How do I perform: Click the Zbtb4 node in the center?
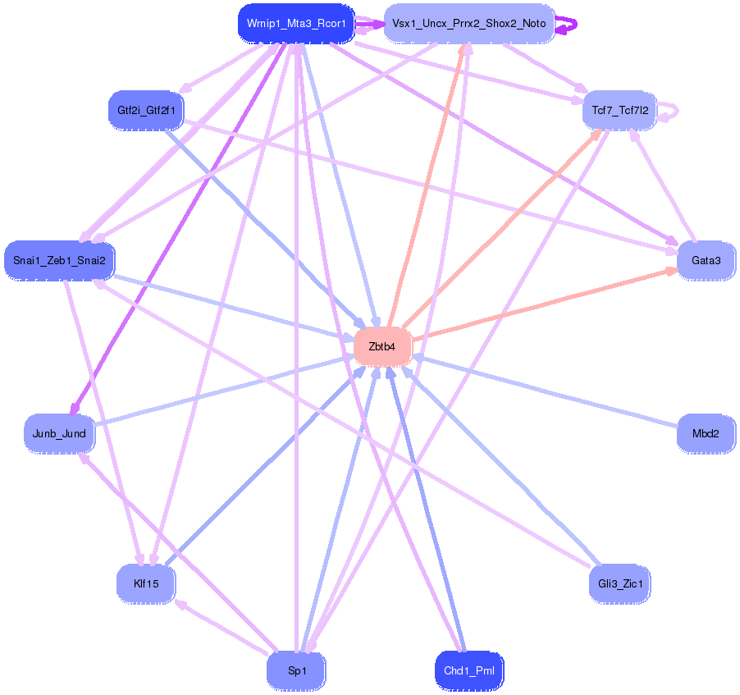(382, 346)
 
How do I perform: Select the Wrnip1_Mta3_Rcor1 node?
(296, 23)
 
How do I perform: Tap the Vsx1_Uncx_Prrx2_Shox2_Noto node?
(468, 23)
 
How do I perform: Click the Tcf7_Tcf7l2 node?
(619, 109)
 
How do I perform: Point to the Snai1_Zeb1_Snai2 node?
(59, 261)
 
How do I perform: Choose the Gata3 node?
(706, 261)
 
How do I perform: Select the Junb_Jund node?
(59, 433)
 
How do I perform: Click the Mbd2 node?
(706, 433)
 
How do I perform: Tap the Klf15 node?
(145, 584)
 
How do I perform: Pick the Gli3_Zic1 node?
(619, 584)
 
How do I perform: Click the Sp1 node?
(296, 671)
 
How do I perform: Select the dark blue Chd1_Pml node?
(468, 671)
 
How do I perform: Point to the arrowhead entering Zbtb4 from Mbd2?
(418, 357)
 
